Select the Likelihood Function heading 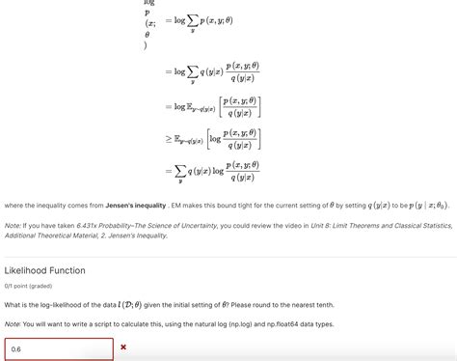[45, 270]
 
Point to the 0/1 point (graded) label [29, 286]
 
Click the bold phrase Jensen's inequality [136, 205]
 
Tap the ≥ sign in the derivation [168, 139]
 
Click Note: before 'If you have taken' [13, 225]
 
